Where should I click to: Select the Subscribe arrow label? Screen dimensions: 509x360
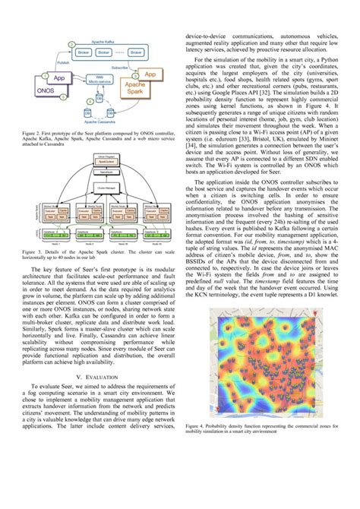pyautogui.click(x=119, y=67)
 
